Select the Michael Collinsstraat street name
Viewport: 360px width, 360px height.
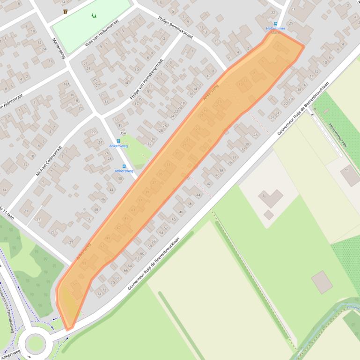tap(49, 160)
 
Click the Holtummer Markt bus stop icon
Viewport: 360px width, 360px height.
tap(276, 23)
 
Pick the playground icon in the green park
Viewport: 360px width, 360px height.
tap(94, 16)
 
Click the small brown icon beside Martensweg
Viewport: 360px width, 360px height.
tap(65, 12)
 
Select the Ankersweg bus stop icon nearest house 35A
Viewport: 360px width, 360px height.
tap(118, 141)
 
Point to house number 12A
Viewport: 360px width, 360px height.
tap(44, 49)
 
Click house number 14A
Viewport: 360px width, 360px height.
tap(66, 84)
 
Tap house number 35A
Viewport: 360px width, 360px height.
tap(123, 133)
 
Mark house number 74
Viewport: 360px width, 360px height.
tap(99, 294)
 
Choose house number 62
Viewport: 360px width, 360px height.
tap(137, 258)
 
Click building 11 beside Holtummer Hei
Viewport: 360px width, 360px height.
tap(350, 175)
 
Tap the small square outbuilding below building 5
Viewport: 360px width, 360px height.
tap(268, 215)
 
